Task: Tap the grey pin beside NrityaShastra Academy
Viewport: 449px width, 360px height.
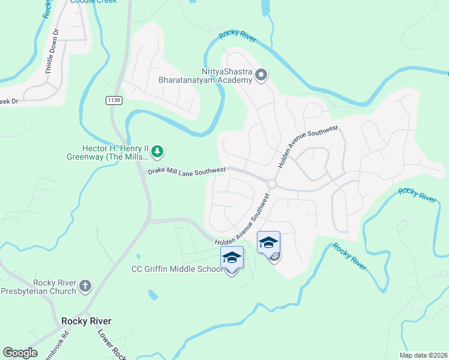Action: pyautogui.click(x=261, y=75)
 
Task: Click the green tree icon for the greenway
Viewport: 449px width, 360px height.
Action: pyautogui.click(x=157, y=151)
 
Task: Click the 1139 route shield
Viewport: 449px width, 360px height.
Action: pyautogui.click(x=114, y=100)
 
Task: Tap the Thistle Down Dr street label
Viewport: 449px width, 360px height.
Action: pyautogui.click(x=52, y=52)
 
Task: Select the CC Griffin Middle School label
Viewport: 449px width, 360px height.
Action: pyautogui.click(x=177, y=269)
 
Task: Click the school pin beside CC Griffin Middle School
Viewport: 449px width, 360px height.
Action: pyautogui.click(x=232, y=258)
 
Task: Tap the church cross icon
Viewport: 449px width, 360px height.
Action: pyautogui.click(x=85, y=286)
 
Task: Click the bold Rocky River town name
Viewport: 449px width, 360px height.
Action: pyautogui.click(x=86, y=321)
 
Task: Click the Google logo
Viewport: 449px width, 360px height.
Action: pyautogui.click(x=20, y=353)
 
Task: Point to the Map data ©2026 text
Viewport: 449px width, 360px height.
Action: pyautogui.click(x=423, y=355)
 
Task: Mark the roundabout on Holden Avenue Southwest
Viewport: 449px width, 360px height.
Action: pyautogui.click(x=272, y=184)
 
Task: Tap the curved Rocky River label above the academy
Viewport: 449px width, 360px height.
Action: pyautogui.click(x=238, y=36)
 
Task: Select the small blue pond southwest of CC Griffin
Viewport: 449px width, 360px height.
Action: pyautogui.click(x=153, y=295)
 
